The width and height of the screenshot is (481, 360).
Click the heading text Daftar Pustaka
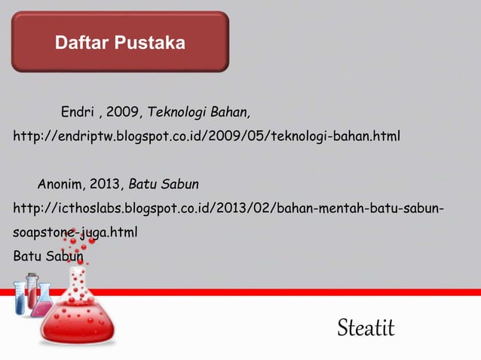click(120, 43)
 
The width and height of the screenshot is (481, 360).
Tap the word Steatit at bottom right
click(366, 328)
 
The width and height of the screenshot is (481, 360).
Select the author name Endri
click(76, 113)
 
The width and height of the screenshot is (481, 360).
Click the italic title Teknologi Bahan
click(199, 113)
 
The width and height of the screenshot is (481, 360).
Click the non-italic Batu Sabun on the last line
click(48, 255)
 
